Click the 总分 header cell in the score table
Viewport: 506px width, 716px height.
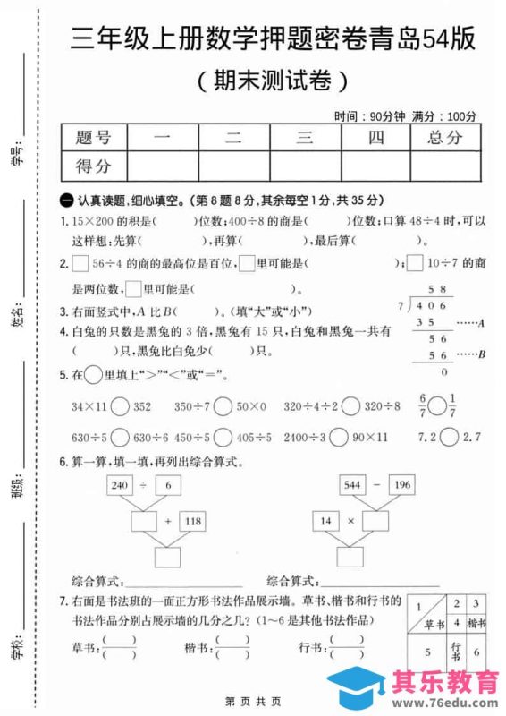[x=445, y=137]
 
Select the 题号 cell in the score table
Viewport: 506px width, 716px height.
[x=95, y=137]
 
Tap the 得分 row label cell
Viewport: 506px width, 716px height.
[x=95, y=166]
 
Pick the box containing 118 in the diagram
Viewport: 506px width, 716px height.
[x=191, y=520]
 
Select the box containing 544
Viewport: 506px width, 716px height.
[x=352, y=485]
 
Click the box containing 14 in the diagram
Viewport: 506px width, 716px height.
[x=327, y=520]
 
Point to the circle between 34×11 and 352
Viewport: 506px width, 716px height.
[x=121, y=407]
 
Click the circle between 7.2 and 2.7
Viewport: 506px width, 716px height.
[x=450, y=438]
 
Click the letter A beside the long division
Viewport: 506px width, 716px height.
[x=482, y=322]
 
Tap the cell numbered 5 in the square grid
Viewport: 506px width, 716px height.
[x=426, y=652]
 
